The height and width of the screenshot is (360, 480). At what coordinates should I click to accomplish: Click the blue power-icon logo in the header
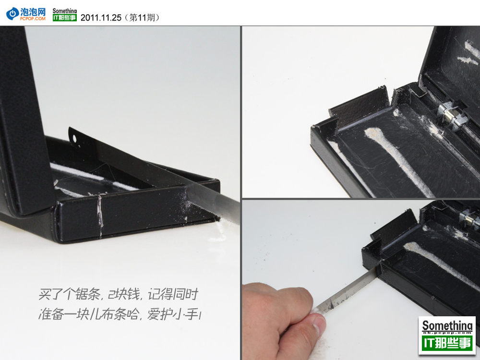(12, 14)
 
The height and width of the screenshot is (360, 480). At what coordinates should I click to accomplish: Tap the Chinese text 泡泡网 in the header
(33, 12)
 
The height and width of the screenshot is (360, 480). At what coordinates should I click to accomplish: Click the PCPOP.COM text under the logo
(33, 19)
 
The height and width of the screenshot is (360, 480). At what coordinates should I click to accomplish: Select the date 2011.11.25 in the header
(101, 18)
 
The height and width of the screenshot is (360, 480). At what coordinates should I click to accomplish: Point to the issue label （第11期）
(142, 18)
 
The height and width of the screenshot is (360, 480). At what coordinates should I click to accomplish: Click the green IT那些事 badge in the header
(65, 18)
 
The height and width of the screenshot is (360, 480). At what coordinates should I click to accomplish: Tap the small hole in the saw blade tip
(74, 139)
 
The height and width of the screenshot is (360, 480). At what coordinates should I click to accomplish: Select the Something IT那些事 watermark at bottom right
(447, 335)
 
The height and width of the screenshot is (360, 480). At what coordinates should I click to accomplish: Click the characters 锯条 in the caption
(88, 295)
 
